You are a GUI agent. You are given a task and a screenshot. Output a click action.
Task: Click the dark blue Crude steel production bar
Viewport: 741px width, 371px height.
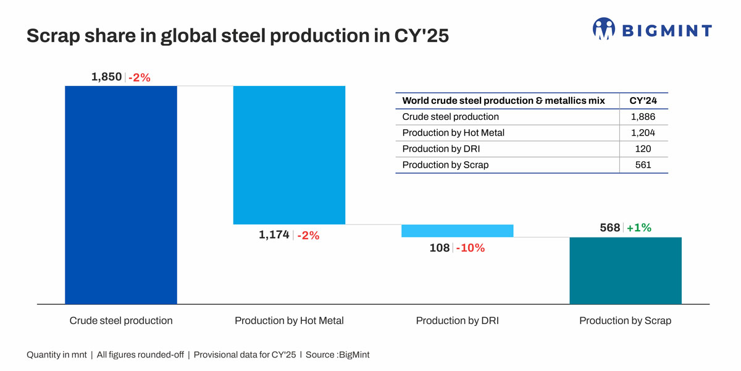(x=121, y=194)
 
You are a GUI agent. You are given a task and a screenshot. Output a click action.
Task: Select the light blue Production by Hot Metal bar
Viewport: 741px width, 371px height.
(x=289, y=155)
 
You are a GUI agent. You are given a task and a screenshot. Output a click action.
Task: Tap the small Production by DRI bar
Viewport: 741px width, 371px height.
(x=457, y=231)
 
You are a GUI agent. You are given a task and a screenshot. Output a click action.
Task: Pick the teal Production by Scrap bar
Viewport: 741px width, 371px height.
(x=625, y=270)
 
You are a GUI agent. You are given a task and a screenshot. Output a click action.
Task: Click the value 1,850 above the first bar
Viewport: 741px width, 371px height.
(x=106, y=77)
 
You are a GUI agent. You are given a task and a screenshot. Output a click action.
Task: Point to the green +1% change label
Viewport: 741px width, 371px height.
(x=638, y=228)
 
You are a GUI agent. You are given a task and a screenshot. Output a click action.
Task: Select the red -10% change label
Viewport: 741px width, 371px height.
(x=470, y=248)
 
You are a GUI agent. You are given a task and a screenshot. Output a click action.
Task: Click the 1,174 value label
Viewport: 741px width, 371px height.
(x=274, y=235)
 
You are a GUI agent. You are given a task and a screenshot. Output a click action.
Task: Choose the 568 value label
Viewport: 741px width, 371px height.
(x=609, y=228)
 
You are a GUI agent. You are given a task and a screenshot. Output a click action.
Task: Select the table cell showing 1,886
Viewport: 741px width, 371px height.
(x=643, y=117)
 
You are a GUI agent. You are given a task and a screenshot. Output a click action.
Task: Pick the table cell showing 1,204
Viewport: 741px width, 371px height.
(x=643, y=133)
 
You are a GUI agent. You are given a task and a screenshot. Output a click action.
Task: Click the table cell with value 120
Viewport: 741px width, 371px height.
(x=643, y=149)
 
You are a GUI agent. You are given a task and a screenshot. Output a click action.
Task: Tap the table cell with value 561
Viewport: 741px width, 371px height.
(x=643, y=165)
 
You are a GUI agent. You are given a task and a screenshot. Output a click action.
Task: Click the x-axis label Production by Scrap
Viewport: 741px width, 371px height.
(x=625, y=321)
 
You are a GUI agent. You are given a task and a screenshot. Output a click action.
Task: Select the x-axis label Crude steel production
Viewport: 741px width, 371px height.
(x=121, y=321)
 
